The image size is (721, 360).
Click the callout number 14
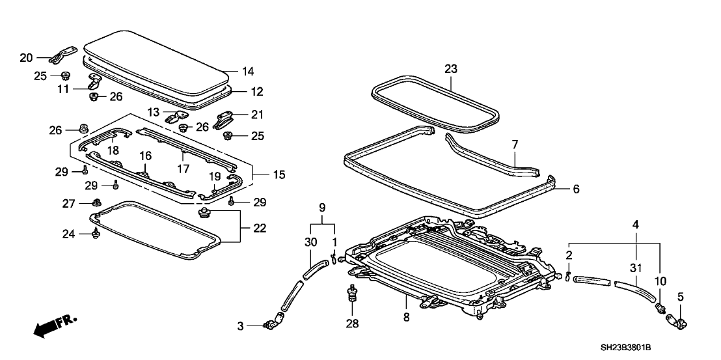[248, 71]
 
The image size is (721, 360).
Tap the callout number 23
[451, 68]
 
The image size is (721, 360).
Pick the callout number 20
[26, 58]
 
